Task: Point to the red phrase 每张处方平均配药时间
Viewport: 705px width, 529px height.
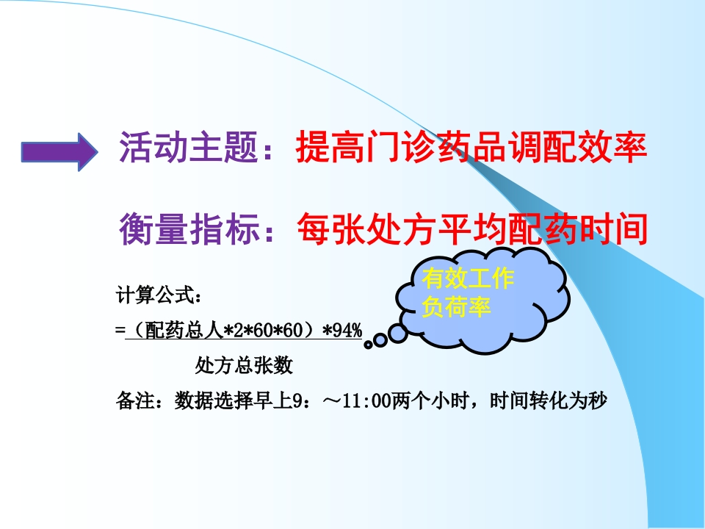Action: (x=471, y=230)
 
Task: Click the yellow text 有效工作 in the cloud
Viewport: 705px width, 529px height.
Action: (x=468, y=279)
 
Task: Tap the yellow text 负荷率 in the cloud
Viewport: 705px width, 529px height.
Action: (x=455, y=306)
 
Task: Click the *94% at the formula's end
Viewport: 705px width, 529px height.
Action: (x=342, y=331)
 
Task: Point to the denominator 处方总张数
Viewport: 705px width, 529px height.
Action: (x=244, y=365)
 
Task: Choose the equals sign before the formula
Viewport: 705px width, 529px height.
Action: (x=120, y=331)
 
